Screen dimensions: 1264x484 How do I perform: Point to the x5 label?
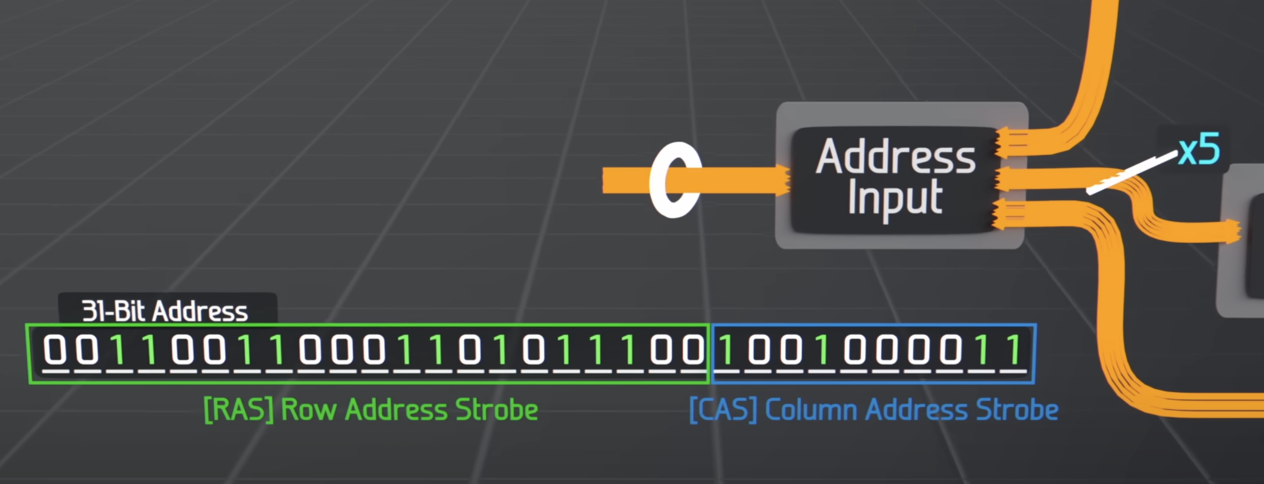click(x=1199, y=151)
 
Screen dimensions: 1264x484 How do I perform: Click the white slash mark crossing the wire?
click(x=1131, y=173)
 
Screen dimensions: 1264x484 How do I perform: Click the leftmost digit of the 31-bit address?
click(x=54, y=350)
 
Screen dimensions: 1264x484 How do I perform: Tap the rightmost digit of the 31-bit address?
click(x=1014, y=350)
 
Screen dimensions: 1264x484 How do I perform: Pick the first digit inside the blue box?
click(x=727, y=350)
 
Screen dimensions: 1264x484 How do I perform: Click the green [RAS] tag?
click(x=238, y=410)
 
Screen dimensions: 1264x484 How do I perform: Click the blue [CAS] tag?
click(x=723, y=410)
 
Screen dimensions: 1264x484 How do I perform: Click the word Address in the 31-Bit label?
click(x=200, y=311)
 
